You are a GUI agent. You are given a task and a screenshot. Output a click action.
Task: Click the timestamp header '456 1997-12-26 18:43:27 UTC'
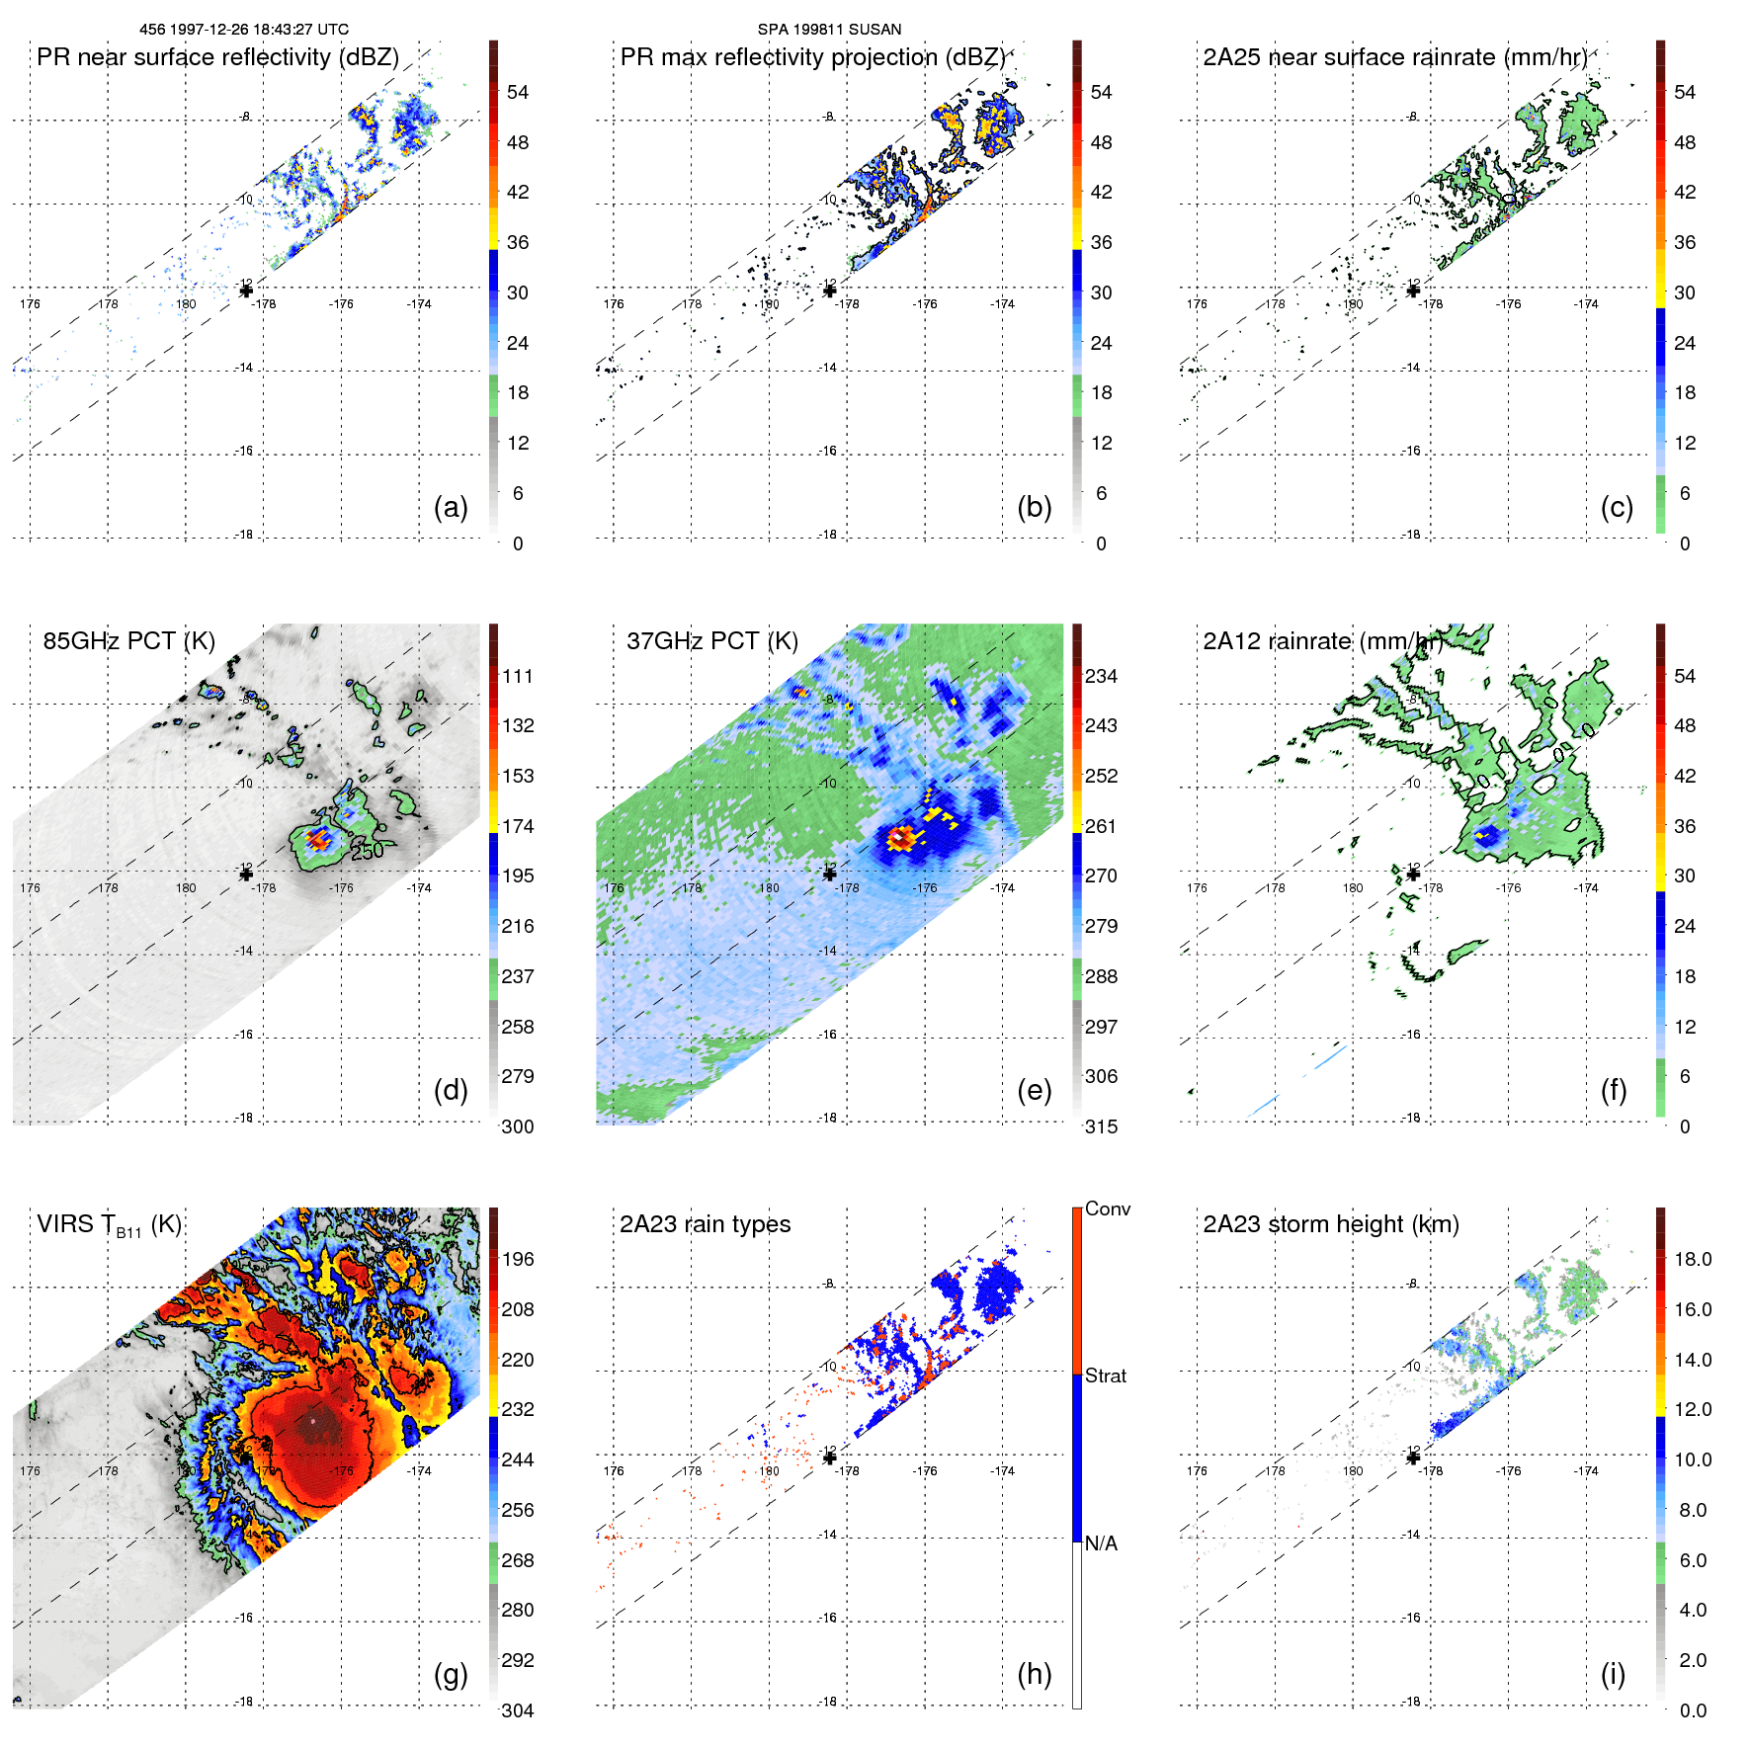[x=244, y=30]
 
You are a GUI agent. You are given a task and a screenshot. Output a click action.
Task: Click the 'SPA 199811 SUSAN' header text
[x=829, y=30]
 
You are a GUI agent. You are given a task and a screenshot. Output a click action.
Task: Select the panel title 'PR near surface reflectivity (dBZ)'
[x=217, y=57]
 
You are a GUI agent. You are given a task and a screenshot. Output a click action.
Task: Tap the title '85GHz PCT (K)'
[x=128, y=640]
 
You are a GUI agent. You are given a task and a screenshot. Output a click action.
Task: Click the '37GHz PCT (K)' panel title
[x=711, y=640]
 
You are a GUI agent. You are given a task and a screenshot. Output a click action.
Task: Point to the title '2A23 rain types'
[x=705, y=1224]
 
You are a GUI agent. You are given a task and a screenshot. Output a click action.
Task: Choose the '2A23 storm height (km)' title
[x=1331, y=1224]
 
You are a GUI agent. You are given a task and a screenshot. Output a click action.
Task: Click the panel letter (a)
[x=451, y=507]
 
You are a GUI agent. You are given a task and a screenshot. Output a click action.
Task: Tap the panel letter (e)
[x=1034, y=1090]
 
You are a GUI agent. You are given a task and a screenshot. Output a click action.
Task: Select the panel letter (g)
[x=451, y=1674]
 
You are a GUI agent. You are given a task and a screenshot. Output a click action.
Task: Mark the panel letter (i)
[x=1613, y=1674]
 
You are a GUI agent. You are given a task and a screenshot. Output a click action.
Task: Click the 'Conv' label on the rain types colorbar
[x=1108, y=1208]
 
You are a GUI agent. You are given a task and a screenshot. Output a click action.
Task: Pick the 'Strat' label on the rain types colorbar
[x=1106, y=1375]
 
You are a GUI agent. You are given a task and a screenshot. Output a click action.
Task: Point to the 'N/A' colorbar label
[x=1101, y=1543]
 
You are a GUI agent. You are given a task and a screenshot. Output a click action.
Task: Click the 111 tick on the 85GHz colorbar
[x=518, y=677]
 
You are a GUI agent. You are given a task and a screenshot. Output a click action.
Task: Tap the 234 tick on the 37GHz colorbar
[x=1101, y=677]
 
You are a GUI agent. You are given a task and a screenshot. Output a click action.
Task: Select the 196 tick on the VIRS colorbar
[x=518, y=1260]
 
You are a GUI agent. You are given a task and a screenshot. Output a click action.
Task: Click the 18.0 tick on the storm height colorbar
[x=1693, y=1260]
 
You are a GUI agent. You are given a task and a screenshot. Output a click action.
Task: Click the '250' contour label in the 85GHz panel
[x=367, y=851]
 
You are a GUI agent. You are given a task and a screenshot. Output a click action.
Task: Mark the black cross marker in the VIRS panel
[x=246, y=1457]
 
